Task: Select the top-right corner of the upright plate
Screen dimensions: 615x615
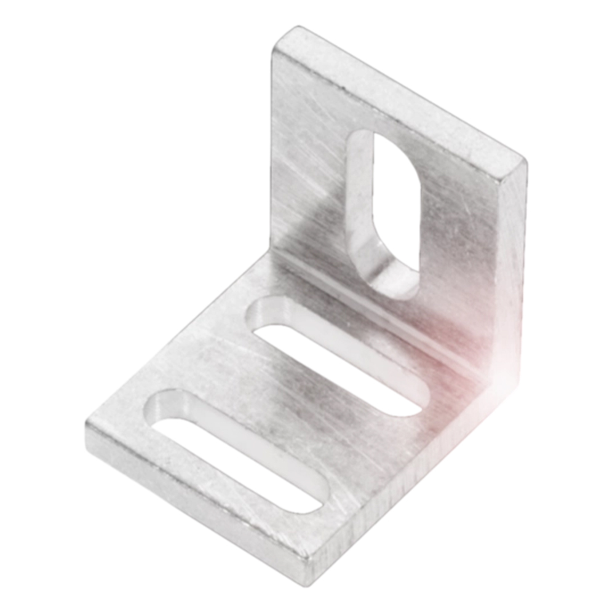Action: pos(524,161)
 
